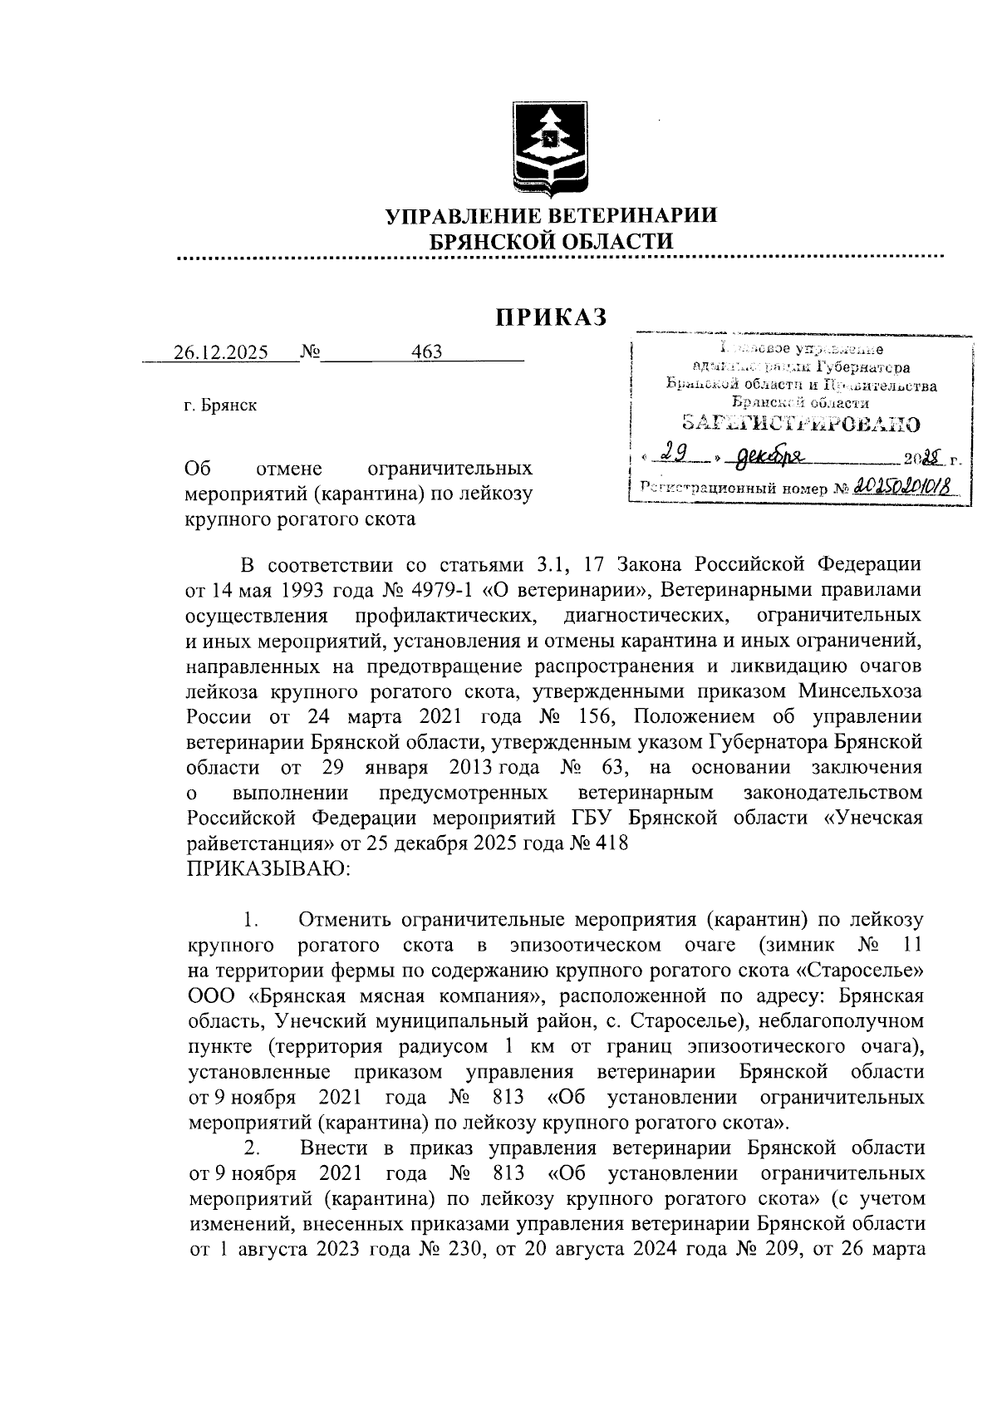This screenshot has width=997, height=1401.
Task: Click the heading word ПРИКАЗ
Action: (x=552, y=317)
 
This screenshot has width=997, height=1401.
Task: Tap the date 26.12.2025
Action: (x=221, y=352)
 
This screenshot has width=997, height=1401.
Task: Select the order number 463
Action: (x=427, y=351)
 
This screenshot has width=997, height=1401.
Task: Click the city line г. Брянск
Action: (x=221, y=406)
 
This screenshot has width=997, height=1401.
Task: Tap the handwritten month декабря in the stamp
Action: (x=769, y=456)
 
